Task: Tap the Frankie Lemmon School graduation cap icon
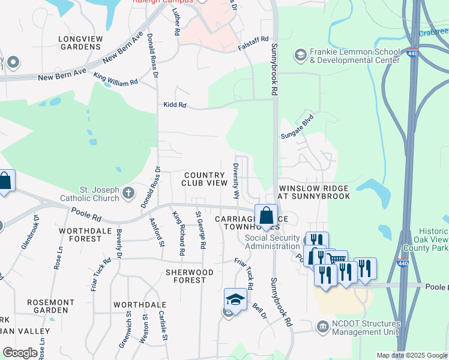coord(300,56)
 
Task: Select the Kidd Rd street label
coord(175,105)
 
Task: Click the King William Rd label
coord(116,79)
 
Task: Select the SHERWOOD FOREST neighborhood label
coord(190,277)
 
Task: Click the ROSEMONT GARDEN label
coord(59,305)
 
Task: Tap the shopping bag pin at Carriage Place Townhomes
coord(265,215)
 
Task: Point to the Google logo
coord(20,353)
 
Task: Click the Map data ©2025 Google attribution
coord(411,355)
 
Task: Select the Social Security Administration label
coord(273,241)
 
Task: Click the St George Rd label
coord(201,229)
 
